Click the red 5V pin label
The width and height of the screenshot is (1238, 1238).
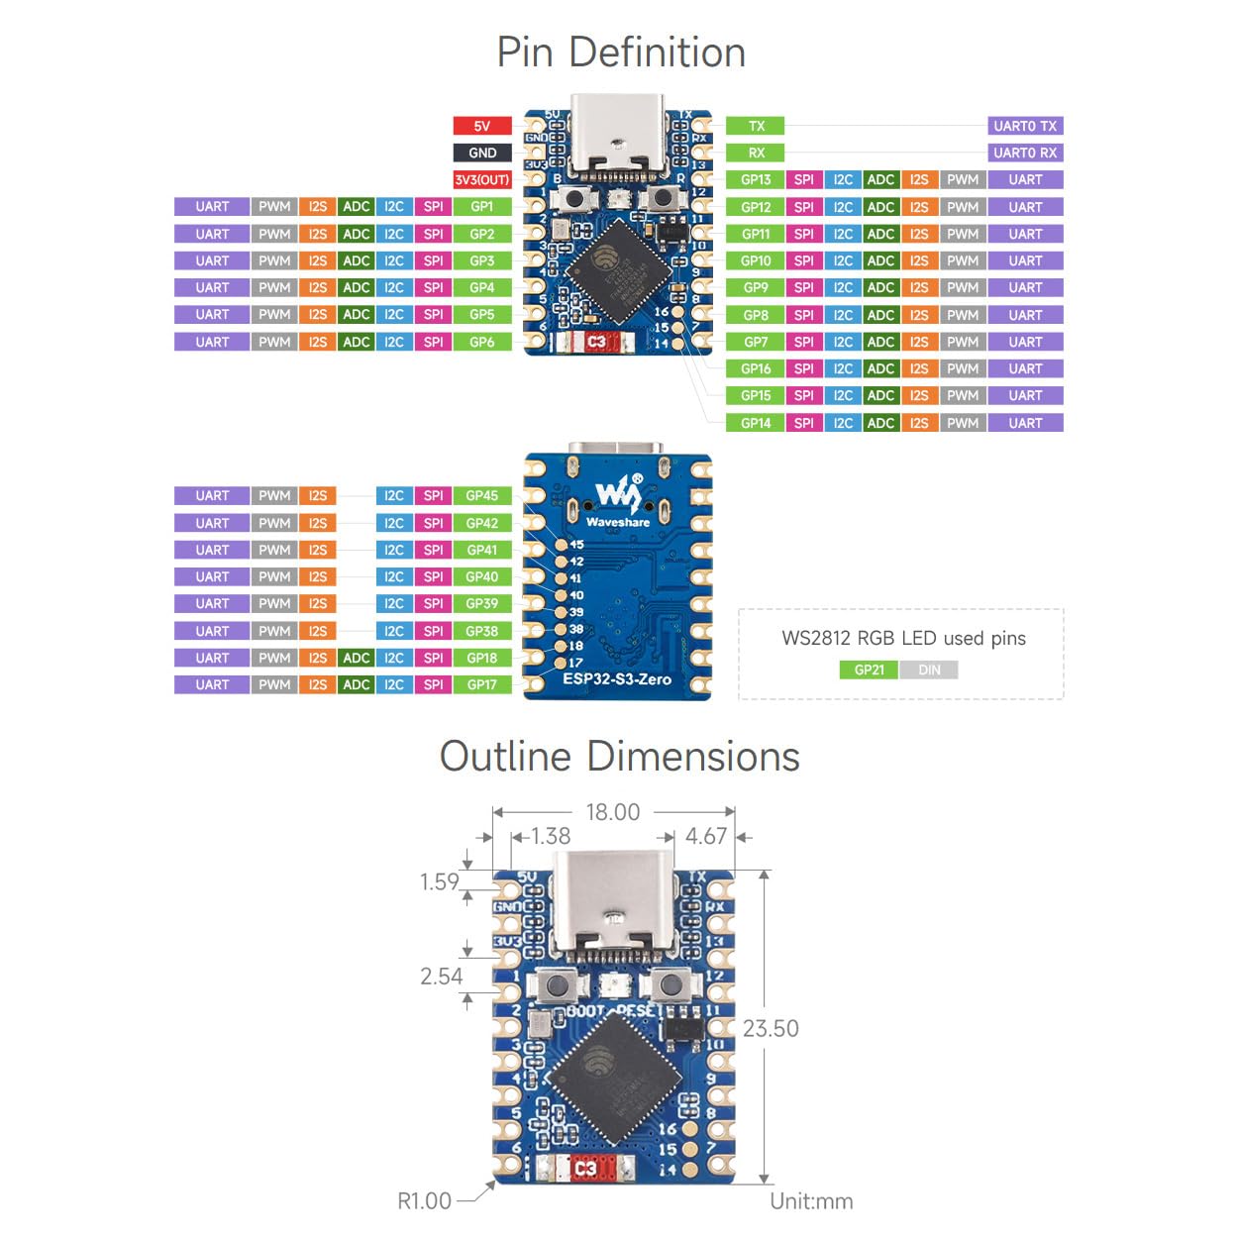[482, 126]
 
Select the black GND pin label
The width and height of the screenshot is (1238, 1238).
[482, 153]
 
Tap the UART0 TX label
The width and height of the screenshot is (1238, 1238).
[1025, 126]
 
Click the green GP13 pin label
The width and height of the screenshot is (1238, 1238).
[756, 179]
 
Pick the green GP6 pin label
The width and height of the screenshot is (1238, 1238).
[482, 342]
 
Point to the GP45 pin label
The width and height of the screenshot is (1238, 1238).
[482, 495]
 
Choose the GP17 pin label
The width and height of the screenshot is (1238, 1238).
[482, 684]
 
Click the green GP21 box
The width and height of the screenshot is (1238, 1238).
[869, 670]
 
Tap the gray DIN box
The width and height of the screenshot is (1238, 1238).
[929, 670]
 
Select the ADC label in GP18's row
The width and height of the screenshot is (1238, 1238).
[356, 658]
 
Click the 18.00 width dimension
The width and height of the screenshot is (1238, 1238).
[613, 812]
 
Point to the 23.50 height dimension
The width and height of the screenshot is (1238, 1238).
[771, 1028]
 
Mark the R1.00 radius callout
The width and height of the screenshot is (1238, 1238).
[424, 1200]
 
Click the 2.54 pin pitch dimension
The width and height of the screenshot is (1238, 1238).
[441, 976]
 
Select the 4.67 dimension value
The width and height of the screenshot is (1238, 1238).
[706, 836]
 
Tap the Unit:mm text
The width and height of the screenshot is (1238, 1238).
[811, 1201]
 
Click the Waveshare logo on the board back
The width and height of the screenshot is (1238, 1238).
[618, 500]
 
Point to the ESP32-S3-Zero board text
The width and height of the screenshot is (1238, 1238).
[617, 679]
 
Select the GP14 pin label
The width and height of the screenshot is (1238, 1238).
[756, 423]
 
